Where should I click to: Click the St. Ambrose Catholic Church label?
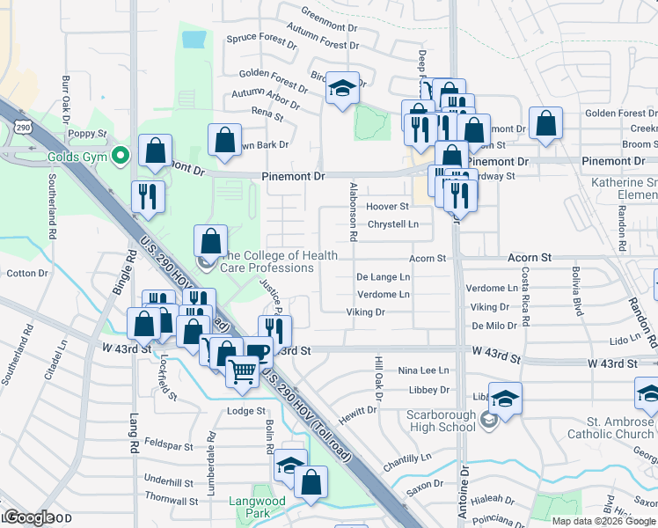click(x=610, y=427)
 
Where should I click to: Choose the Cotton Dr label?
click(x=27, y=274)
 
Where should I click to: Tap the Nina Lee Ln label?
click(x=423, y=370)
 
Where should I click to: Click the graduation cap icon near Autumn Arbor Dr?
click(x=343, y=88)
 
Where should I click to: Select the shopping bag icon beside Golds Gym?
click(x=156, y=151)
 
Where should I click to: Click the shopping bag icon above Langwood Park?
click(x=311, y=481)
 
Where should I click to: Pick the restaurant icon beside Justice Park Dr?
click(x=275, y=331)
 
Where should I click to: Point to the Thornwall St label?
click(x=169, y=497)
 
